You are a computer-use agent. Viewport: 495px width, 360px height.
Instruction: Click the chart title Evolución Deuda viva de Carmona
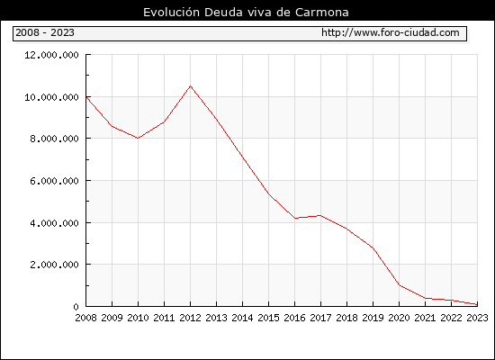click(246, 13)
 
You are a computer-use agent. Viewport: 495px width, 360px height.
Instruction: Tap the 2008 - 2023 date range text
click(45, 32)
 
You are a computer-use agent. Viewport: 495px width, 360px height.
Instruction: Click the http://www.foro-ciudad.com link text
click(391, 32)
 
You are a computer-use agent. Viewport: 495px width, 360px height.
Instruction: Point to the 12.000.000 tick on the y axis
click(51, 55)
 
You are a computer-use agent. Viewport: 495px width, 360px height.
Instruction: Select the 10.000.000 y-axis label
click(51, 97)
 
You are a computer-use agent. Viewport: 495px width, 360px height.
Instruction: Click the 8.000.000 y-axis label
click(54, 139)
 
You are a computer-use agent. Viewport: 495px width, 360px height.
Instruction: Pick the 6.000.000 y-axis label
click(54, 181)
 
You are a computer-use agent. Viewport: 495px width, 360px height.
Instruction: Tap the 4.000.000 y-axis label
click(54, 223)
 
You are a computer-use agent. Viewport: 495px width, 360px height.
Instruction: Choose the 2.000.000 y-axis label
click(54, 265)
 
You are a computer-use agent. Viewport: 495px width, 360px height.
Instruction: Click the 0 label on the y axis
click(76, 307)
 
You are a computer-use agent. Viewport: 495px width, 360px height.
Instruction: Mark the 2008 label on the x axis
click(85, 318)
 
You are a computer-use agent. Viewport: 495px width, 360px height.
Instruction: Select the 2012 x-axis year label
click(191, 318)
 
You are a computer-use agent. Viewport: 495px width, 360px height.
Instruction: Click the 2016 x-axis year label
click(295, 318)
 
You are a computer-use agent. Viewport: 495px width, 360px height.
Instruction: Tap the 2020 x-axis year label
click(399, 318)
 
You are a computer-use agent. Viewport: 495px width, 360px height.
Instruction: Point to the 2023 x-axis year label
click(477, 318)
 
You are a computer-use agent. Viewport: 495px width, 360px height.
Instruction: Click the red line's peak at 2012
click(191, 85)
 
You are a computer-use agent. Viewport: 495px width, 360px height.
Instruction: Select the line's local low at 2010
click(138, 138)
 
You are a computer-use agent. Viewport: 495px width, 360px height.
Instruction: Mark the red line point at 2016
click(295, 218)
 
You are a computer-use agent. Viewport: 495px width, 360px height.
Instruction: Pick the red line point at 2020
click(400, 285)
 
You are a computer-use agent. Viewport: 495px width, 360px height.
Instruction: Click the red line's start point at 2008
click(86, 97)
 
